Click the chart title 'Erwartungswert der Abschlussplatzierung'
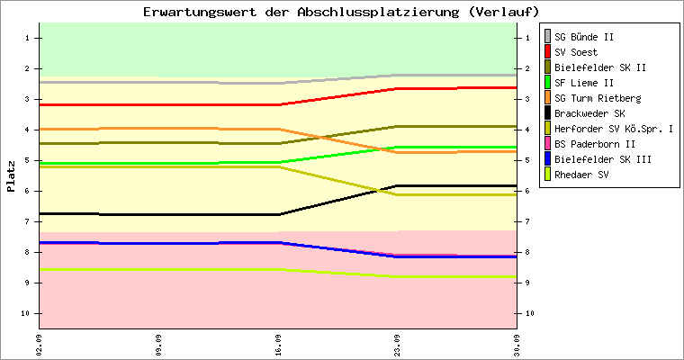301,12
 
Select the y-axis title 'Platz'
11,176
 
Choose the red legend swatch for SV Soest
547,52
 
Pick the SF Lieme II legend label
584,83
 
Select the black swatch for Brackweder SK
547,113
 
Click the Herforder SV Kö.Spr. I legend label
614,129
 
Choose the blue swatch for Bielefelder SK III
547,158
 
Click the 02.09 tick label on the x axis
40,346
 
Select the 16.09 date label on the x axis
278,346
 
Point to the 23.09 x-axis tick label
397,346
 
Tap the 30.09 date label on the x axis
517,346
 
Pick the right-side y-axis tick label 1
527,38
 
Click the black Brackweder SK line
278,214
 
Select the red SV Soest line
278,104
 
